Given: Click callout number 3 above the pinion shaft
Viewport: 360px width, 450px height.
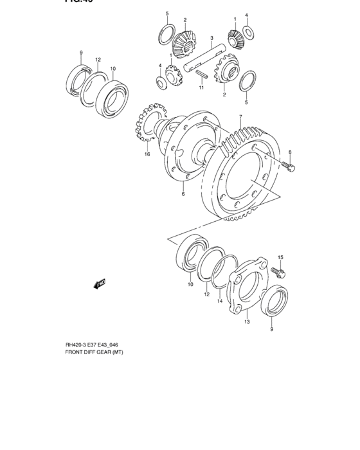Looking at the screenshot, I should coord(212,38).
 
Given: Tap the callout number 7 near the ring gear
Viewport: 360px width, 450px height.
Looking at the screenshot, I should coord(240,117).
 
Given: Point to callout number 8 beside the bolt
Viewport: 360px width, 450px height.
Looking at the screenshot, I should coord(290,152).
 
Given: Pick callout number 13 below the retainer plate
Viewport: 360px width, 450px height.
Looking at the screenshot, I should coord(246,323).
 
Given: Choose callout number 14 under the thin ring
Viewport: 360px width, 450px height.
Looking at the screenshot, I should coord(219,301).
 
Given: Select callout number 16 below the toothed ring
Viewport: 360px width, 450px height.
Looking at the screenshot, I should coord(147,154).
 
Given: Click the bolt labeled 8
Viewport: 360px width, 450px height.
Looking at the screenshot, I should coord(288,167).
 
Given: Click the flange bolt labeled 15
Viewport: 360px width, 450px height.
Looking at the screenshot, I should coord(280,273).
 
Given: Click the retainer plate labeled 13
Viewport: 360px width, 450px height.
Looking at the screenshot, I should coord(245,289).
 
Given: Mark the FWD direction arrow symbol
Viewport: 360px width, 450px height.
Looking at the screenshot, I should coord(98,282).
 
